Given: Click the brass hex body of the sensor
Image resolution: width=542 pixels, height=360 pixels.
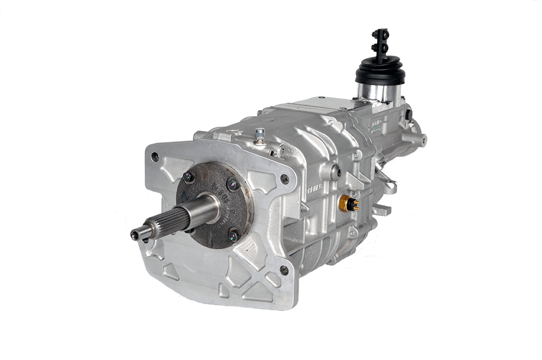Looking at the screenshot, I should pyautogui.click(x=346, y=201).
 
